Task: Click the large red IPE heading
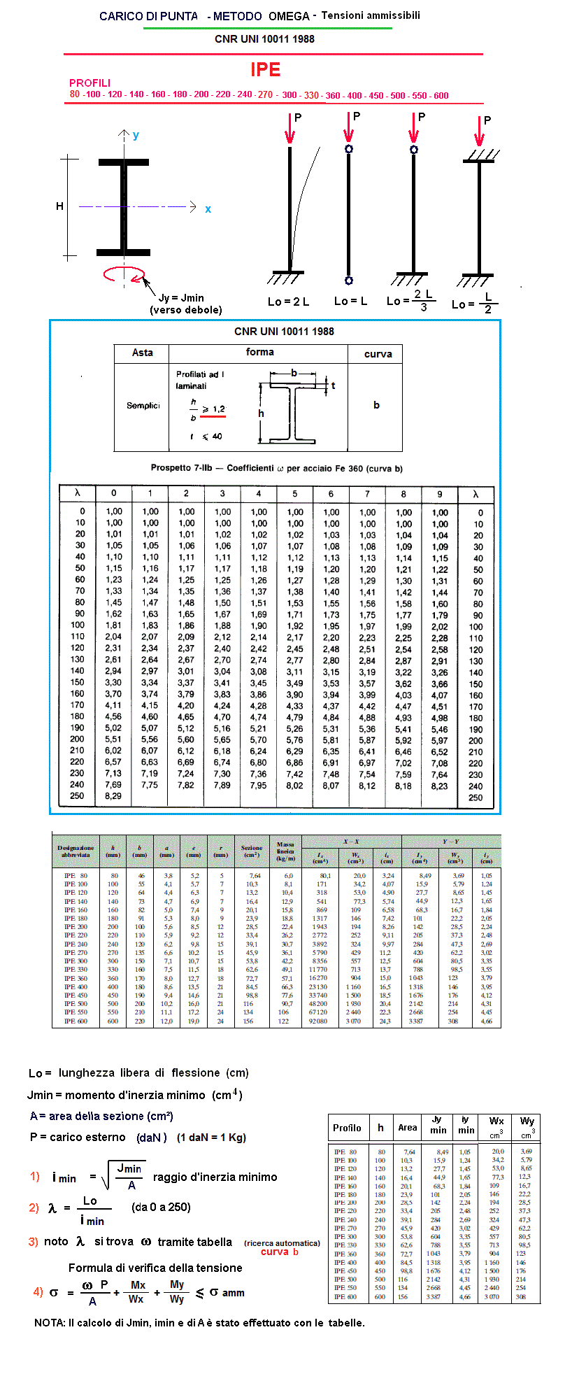tap(266, 70)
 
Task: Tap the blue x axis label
tap(208, 209)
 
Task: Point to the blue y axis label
tap(136, 136)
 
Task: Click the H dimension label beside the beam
tap(60, 206)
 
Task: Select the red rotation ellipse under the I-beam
tap(124, 274)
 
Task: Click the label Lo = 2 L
tap(288, 302)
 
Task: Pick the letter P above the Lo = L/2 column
tap(487, 121)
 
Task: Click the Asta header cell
tap(142, 353)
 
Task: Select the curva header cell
tap(378, 354)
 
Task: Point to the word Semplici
tap(143, 406)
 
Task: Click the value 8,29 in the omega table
tap(113, 796)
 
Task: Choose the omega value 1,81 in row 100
tap(113, 625)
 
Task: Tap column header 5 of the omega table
tap(295, 493)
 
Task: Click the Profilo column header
tap(347, 1128)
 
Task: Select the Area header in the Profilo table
tap(407, 1128)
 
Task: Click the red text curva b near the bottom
tap(279, 1252)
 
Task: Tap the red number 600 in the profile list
tap(441, 96)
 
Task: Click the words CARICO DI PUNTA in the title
tap(148, 16)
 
